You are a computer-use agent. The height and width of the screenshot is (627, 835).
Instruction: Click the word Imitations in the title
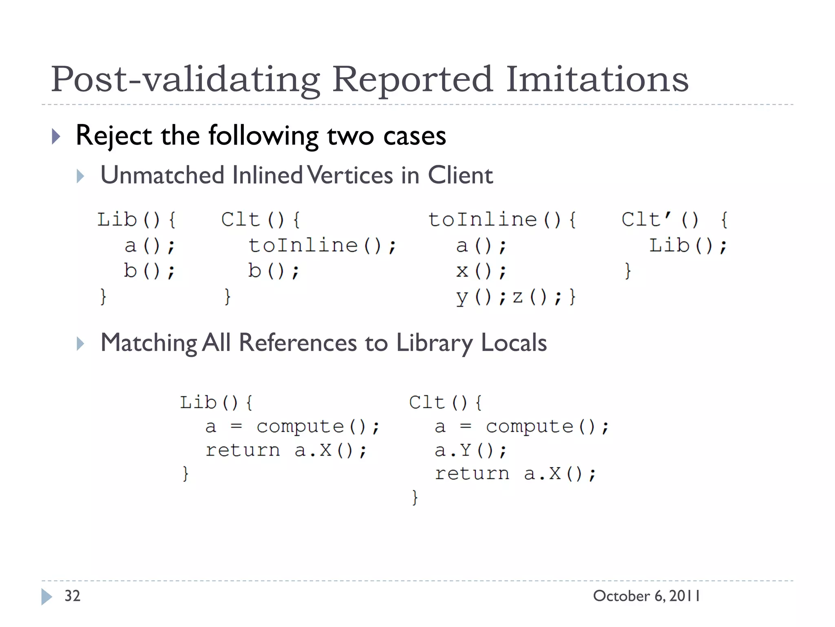point(597,79)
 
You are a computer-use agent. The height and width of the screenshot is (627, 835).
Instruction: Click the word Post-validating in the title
point(186,79)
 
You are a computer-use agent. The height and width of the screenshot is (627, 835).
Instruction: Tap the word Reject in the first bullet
point(114,136)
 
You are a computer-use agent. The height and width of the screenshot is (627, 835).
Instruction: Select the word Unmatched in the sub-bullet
point(162,175)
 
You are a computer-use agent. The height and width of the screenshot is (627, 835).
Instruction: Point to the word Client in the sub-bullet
point(460,175)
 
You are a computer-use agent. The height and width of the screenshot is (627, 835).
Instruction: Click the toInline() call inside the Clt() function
point(322,246)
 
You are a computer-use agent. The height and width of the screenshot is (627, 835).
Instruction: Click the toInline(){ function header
point(502,220)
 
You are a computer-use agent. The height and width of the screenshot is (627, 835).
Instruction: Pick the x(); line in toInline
point(481,271)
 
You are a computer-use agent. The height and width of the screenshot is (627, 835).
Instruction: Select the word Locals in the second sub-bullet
point(514,342)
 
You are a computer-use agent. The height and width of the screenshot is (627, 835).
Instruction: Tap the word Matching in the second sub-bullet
point(149,342)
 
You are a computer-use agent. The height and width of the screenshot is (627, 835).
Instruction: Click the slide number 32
point(73,596)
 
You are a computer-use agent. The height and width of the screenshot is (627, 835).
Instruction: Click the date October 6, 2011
point(647,596)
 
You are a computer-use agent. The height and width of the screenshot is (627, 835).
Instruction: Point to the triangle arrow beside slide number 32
point(46,597)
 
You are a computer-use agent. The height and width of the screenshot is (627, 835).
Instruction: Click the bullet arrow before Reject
point(56,136)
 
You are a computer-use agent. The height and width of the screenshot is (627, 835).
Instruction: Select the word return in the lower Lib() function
point(243,451)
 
